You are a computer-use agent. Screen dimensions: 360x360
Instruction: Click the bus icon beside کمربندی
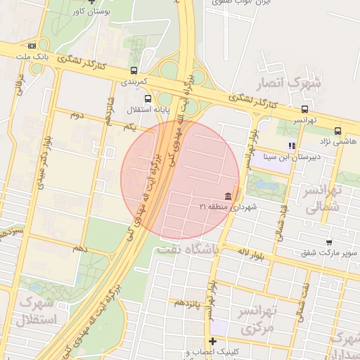(134, 70)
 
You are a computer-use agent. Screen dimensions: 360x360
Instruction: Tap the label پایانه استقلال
(144, 110)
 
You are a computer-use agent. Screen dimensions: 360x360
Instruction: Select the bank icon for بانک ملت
(32, 46)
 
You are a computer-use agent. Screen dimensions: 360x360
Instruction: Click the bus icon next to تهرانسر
(304, 109)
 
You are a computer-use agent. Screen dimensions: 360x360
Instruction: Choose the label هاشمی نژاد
(339, 141)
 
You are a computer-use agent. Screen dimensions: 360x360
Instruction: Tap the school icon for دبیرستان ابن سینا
(291, 146)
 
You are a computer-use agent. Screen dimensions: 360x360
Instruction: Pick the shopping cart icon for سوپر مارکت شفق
(328, 242)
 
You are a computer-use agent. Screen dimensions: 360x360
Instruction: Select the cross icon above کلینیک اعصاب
(213, 342)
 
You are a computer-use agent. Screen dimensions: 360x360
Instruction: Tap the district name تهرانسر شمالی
(324, 198)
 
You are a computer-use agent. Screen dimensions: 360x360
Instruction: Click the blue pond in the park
(266, 184)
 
